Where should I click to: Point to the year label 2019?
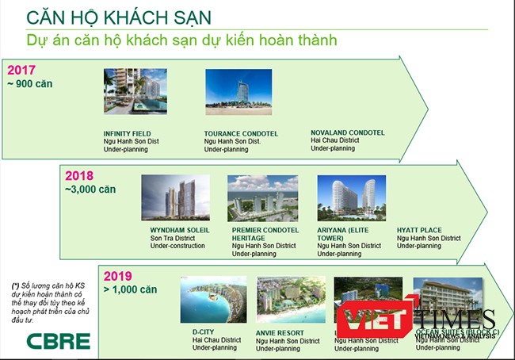point(116,275)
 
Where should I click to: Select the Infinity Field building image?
point(135,92)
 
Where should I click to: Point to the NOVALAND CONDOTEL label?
point(347,132)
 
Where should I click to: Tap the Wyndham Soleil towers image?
point(175,198)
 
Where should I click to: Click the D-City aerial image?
point(213,300)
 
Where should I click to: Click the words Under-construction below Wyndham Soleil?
point(177,246)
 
